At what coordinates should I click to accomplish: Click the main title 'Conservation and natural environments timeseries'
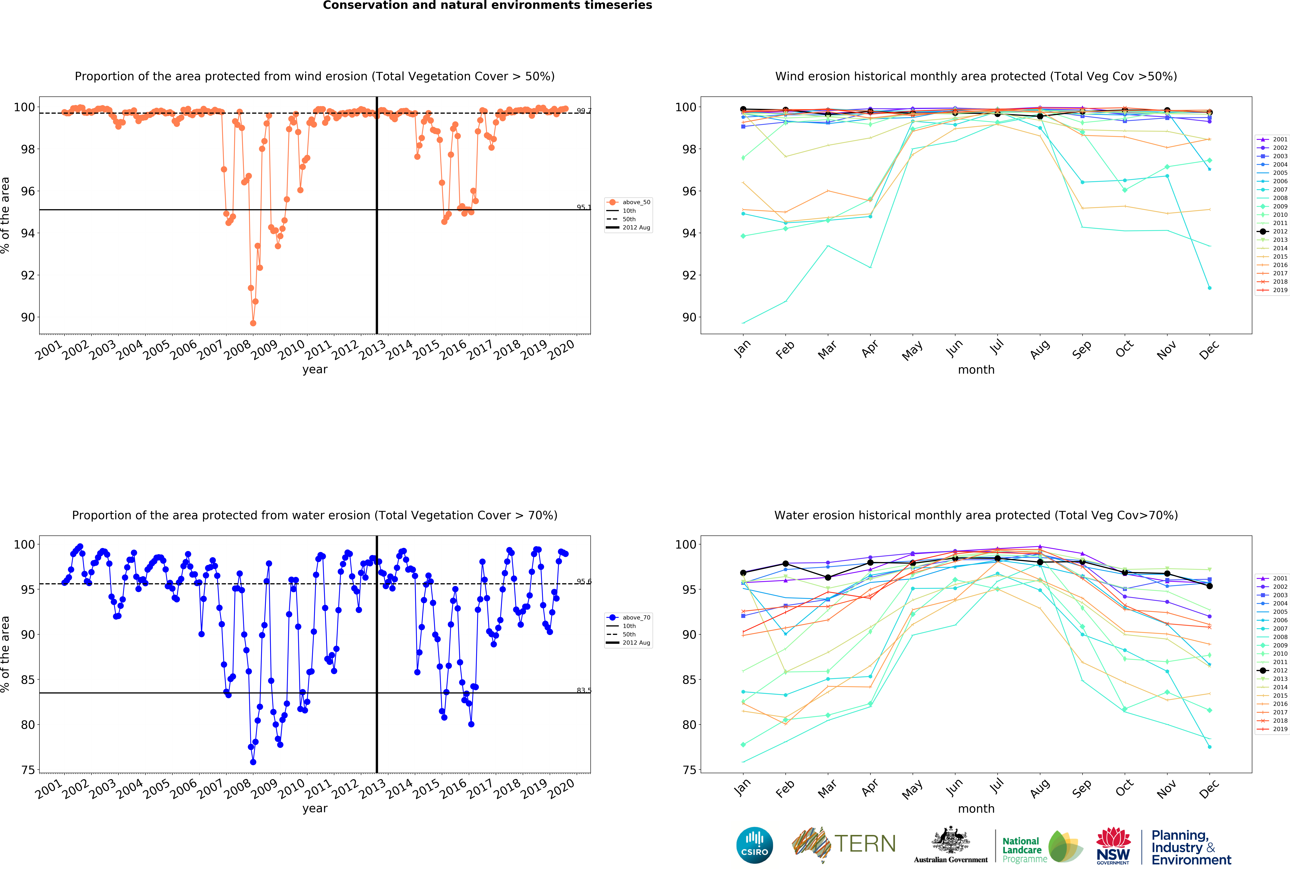487,6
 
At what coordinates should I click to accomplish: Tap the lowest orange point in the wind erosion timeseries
253,323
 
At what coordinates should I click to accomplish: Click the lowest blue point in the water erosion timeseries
253,762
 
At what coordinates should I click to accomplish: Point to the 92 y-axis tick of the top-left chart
28,275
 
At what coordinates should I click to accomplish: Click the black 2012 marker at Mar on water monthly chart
828,578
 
